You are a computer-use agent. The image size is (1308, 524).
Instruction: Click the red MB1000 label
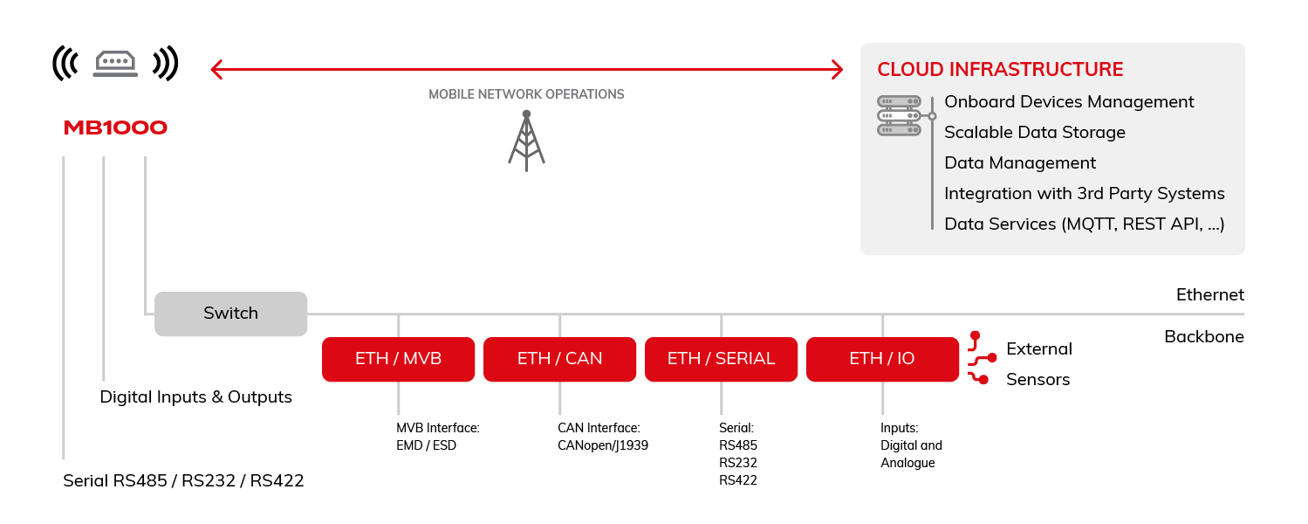(115, 128)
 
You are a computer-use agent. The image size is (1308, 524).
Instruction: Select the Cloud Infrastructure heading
(1000, 70)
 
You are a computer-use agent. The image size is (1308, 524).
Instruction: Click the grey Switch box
(231, 314)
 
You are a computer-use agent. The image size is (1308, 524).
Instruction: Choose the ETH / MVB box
(398, 359)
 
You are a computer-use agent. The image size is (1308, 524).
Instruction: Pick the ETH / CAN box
(559, 359)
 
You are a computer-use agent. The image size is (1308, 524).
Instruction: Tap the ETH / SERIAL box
(721, 359)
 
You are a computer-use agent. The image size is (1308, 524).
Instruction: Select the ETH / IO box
(881, 359)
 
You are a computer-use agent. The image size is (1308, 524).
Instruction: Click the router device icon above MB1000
(115, 63)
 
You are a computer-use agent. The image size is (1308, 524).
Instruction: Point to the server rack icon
(899, 115)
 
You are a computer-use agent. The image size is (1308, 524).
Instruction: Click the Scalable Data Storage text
(1034, 133)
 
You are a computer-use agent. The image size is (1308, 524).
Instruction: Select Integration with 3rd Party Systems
(1084, 194)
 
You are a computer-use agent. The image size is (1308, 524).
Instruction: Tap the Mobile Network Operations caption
(526, 94)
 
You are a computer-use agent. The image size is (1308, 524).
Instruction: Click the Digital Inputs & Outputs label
(195, 397)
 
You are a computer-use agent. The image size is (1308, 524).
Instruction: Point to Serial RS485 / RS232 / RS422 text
(183, 481)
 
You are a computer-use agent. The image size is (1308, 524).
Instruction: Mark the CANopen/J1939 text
(602, 445)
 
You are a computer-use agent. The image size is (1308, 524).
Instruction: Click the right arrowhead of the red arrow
(837, 69)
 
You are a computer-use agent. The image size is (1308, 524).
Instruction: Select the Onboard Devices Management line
(1069, 102)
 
